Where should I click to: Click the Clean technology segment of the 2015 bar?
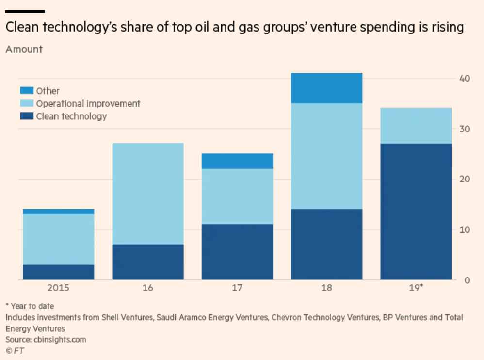[x=58, y=272]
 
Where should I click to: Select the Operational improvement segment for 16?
[x=148, y=194]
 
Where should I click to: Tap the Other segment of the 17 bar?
[x=237, y=161]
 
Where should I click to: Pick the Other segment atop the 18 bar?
[x=326, y=88]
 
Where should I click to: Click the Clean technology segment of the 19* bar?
[x=416, y=212]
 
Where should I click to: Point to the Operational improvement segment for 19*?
[x=416, y=126]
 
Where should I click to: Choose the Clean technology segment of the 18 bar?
[x=326, y=244]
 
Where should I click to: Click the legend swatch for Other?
[x=27, y=91]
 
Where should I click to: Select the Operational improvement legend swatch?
[x=27, y=103]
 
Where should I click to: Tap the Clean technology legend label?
[x=71, y=116]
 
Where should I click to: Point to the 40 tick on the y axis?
[x=464, y=78]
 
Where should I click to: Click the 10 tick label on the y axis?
[x=464, y=229]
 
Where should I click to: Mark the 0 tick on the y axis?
[x=466, y=280]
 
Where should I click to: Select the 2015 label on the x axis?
[x=58, y=288]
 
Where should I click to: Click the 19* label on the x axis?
[x=416, y=288]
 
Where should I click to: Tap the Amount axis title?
[x=24, y=49]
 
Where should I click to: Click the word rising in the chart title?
[x=444, y=28]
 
